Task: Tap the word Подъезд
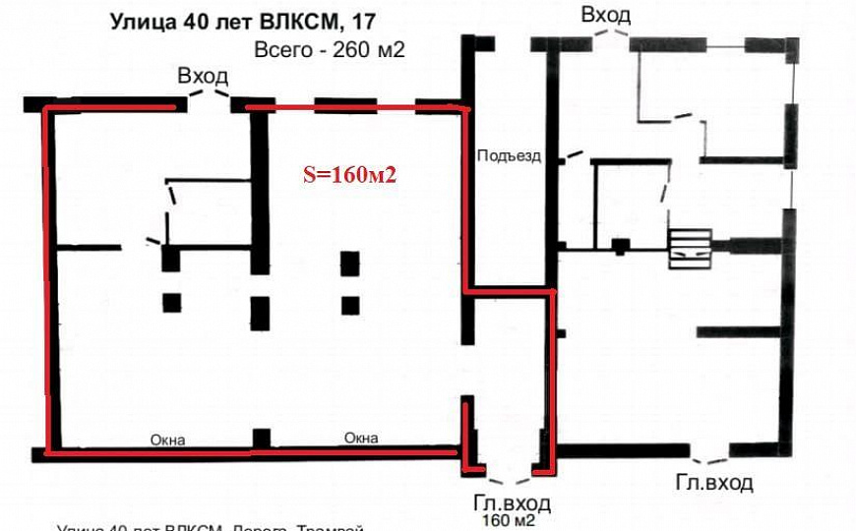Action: [x=509, y=155]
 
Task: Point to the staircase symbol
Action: [x=690, y=248]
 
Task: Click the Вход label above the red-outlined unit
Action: [x=203, y=76]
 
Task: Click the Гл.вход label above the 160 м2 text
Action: [x=506, y=503]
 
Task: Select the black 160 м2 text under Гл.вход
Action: [x=508, y=520]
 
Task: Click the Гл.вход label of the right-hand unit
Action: [x=713, y=483]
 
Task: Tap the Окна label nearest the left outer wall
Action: [x=167, y=440]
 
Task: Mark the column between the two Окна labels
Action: [x=261, y=438]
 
